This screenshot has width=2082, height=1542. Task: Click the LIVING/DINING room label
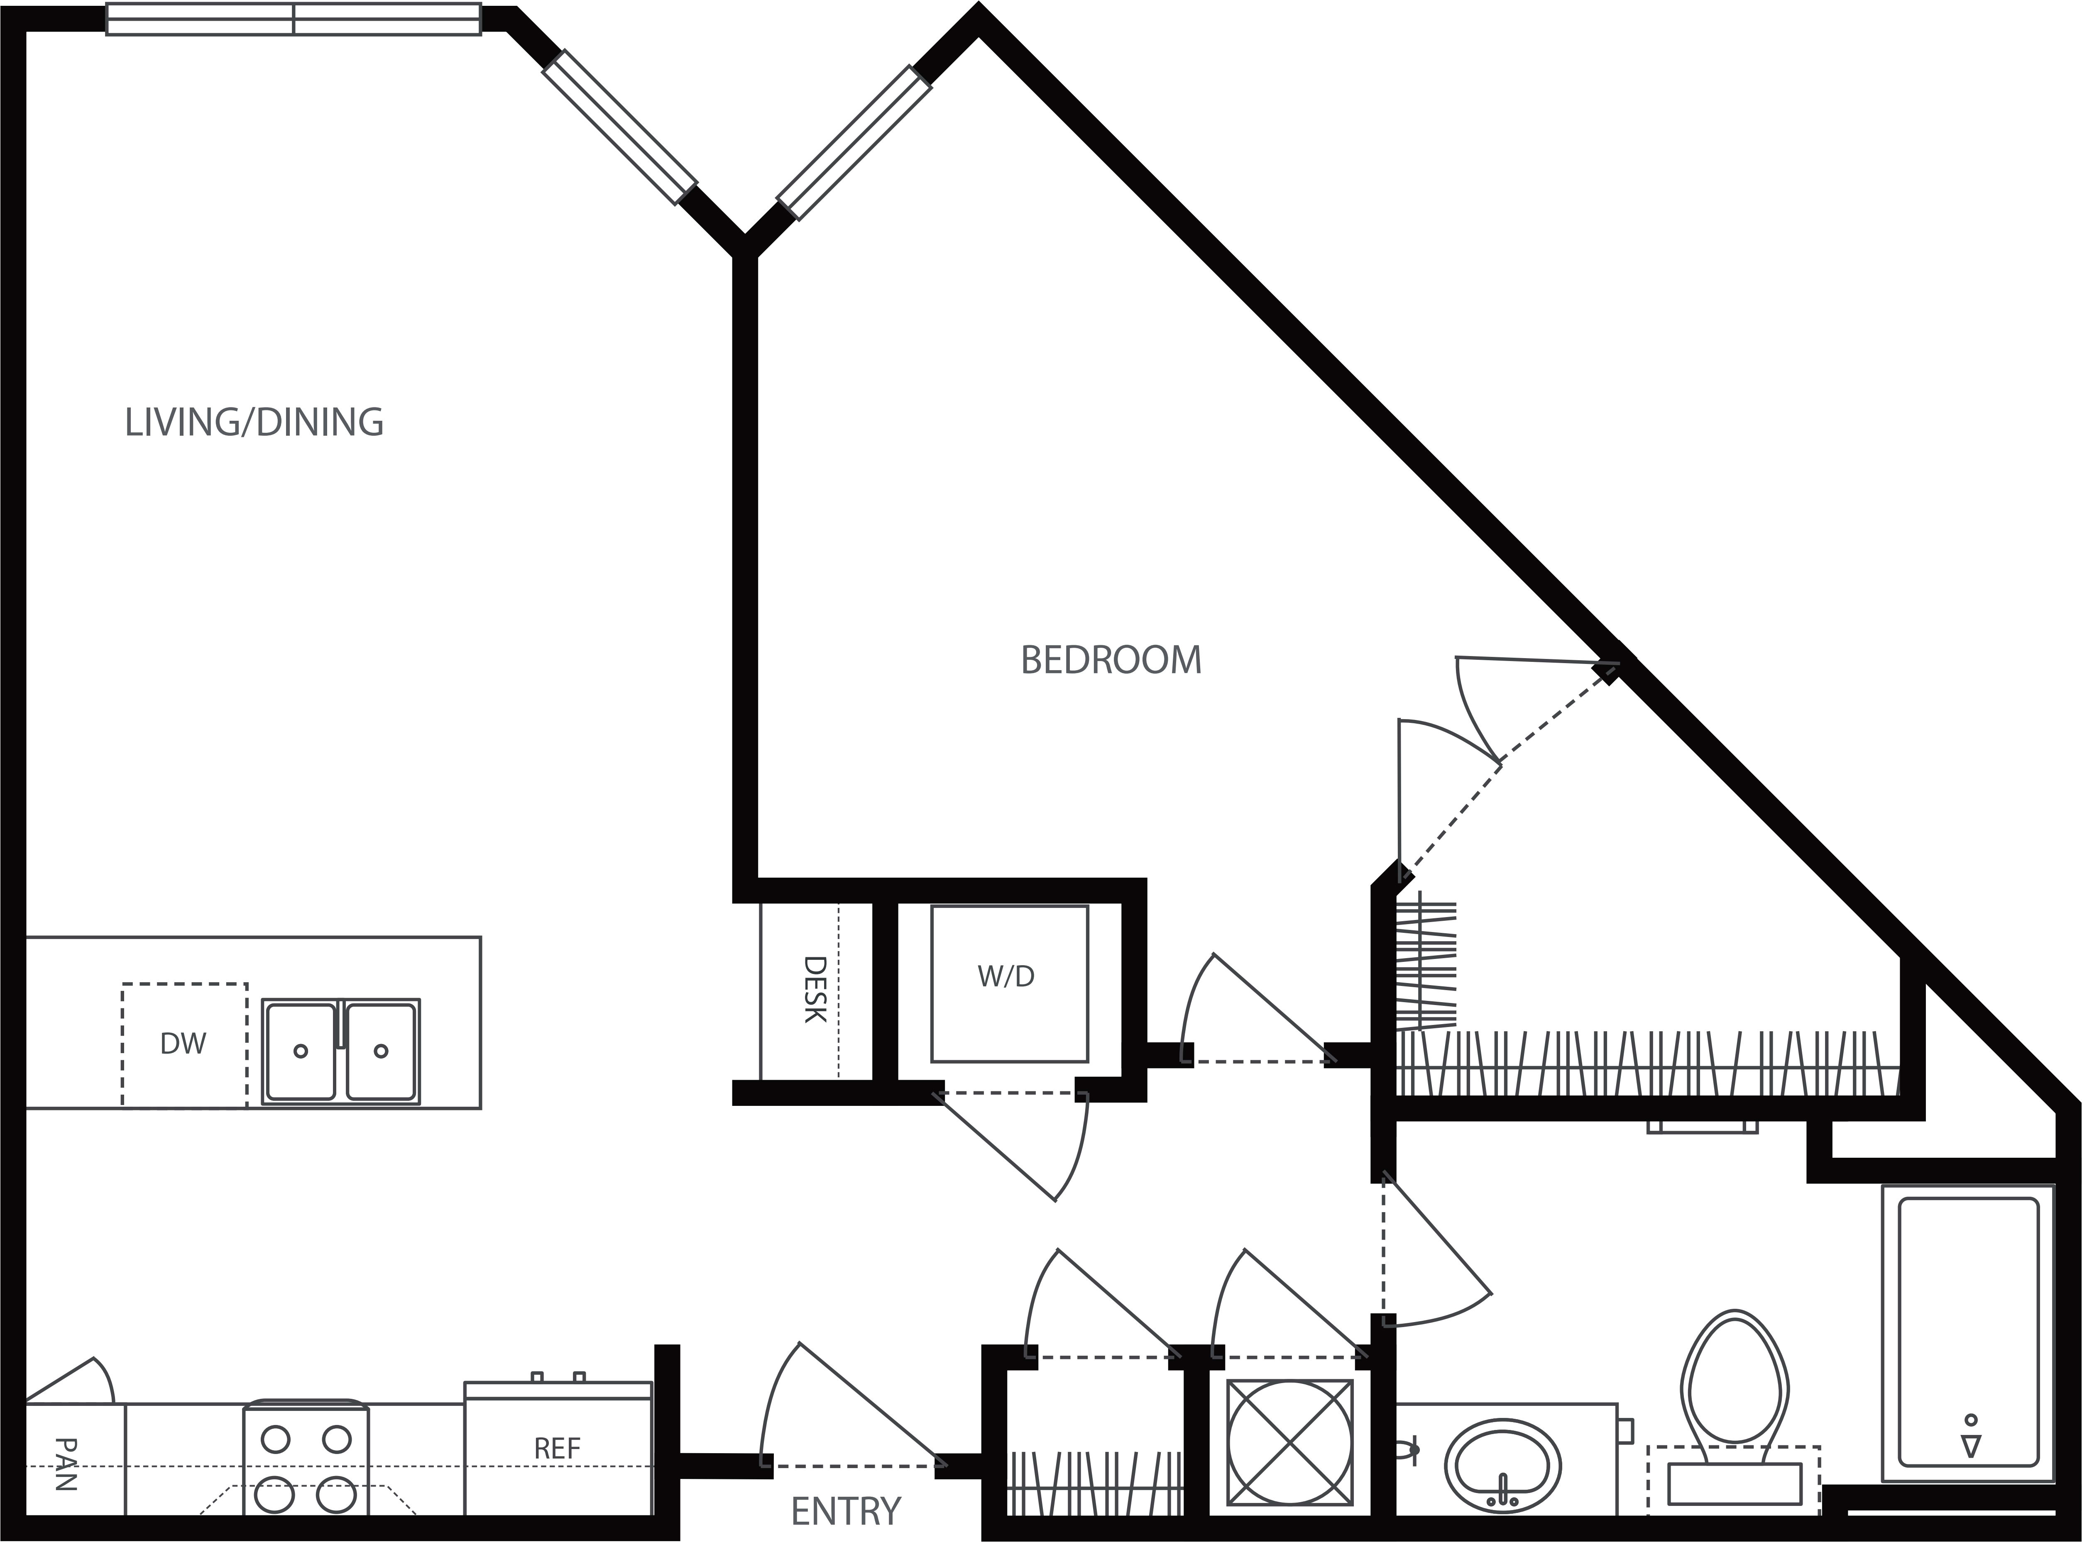point(254,423)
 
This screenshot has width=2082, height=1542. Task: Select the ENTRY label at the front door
point(845,1510)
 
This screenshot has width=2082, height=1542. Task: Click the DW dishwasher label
point(183,1044)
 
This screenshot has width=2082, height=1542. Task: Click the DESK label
point(815,989)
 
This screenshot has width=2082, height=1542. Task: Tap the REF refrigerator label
point(558,1449)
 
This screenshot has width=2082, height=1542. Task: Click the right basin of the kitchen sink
point(381,1051)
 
